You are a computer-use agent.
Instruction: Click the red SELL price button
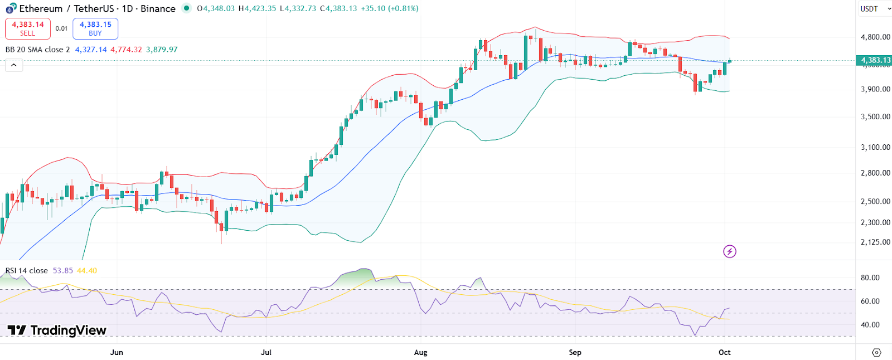pos(28,28)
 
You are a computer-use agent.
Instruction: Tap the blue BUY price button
pos(95,28)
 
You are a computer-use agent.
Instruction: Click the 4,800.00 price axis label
pos(875,37)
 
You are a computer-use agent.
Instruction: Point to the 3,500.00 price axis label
pos(875,117)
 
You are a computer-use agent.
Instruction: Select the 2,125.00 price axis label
pos(875,242)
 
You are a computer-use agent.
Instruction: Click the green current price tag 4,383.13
pos(874,60)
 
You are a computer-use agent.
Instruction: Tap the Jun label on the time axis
pos(117,352)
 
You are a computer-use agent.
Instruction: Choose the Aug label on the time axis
pos(421,352)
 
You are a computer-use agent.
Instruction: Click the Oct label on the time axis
pos(724,352)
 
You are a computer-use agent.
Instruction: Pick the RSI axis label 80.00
pos(870,278)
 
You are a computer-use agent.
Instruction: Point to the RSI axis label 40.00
pos(870,325)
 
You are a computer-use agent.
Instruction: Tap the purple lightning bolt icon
pos(729,251)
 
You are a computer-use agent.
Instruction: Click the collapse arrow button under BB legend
pos(14,65)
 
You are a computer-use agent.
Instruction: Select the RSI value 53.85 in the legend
pos(63,271)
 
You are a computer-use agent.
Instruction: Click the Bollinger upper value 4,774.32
pos(126,50)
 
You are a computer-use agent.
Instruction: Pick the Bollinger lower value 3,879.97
pos(162,50)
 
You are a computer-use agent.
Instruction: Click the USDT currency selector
pos(873,9)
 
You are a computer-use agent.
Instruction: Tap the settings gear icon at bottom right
pos(876,352)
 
